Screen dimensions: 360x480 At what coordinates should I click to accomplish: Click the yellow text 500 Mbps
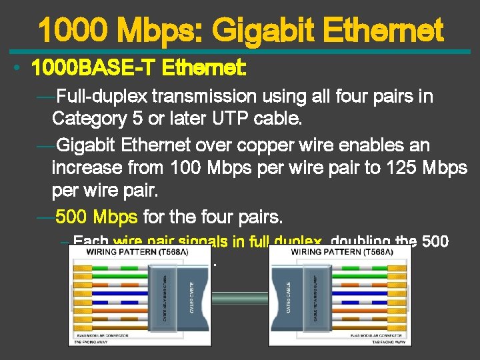tap(96, 217)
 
